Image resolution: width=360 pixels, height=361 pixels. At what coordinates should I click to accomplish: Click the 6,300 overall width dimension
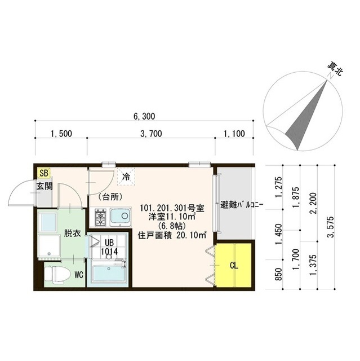coord(144,116)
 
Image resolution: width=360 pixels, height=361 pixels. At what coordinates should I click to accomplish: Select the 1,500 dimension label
coord(61,134)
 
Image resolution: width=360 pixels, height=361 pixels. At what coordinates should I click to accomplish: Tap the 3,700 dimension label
coord(151,134)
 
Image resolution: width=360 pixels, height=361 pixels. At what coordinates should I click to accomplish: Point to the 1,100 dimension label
coord(234,134)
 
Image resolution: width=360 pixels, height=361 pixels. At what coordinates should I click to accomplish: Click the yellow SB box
coord(44,174)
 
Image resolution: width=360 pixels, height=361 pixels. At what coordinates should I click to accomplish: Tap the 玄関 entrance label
coord(45,186)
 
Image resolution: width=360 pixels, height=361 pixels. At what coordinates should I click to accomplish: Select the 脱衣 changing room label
coord(71,232)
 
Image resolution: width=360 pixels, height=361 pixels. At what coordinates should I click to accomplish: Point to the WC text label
coord(79,275)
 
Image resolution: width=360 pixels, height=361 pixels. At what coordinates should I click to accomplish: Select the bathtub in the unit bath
coord(109,274)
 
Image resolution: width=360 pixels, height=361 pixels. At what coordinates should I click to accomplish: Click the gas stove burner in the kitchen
coord(101,216)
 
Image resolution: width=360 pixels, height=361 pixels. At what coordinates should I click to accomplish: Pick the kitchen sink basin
coord(119,215)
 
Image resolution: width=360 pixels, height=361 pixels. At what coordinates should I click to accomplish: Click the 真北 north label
coord(335,69)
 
